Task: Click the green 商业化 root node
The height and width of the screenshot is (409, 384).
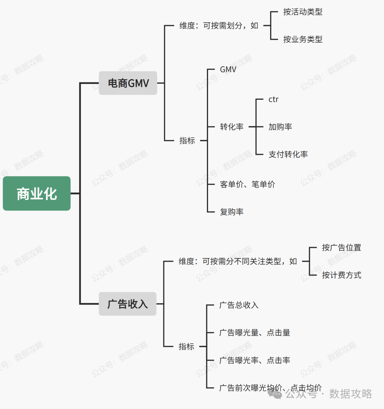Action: pos(37,193)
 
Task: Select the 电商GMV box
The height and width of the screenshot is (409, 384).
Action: pos(128,83)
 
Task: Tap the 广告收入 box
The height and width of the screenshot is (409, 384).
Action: pos(127,304)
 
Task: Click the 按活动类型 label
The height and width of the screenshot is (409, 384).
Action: pos(303,12)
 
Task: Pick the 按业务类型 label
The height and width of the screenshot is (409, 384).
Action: pos(303,39)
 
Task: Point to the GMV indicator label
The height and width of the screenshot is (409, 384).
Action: pos(228,70)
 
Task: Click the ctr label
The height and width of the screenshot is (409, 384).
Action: pos(273,99)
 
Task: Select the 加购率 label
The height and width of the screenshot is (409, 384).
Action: pos(280,127)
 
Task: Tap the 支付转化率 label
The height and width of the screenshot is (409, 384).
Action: pos(288,154)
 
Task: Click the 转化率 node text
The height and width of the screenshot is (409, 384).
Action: pos(231,127)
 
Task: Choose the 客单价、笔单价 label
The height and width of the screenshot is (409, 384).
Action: pos(247,184)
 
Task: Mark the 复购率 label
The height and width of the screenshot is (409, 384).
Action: pos(231,212)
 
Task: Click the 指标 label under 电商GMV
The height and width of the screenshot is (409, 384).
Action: pos(187,141)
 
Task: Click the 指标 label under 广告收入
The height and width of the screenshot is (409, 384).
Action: pos(186,347)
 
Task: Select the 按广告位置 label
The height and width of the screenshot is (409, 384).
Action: pos(341,247)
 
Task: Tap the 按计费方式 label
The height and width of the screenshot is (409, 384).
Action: pos(341,275)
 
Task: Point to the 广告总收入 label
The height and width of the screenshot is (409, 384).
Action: pos(239,305)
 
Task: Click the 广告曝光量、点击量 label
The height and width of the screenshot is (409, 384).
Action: pos(255,333)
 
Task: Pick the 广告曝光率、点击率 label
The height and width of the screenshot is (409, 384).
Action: pos(255,360)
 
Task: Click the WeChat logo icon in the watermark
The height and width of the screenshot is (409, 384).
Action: pos(275,393)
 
